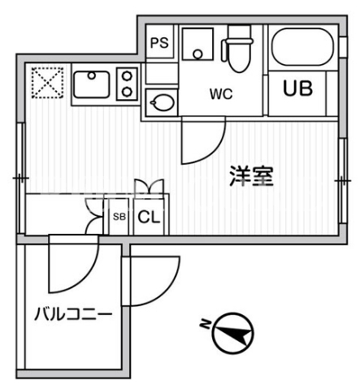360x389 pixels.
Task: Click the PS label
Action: pos(159,42)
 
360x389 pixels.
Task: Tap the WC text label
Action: pos(221,94)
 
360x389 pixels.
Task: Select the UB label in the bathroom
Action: pos(297,89)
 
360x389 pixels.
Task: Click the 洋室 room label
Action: pos(251,176)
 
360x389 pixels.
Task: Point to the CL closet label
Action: pos(149,217)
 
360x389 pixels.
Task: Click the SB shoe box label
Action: pos(119,217)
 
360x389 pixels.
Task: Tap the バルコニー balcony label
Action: pos(73,314)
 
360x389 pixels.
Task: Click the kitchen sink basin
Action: pos(92,84)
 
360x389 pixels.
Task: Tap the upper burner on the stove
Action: pos(127,76)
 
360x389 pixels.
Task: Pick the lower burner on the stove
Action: pos(127,92)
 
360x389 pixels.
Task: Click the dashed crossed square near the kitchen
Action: pos(47,83)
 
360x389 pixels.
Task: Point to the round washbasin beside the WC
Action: pos(163,102)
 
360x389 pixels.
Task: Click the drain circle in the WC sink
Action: pos(197,54)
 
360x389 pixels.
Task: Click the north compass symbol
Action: pos(233,333)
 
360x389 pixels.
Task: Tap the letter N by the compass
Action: pos(206,324)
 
